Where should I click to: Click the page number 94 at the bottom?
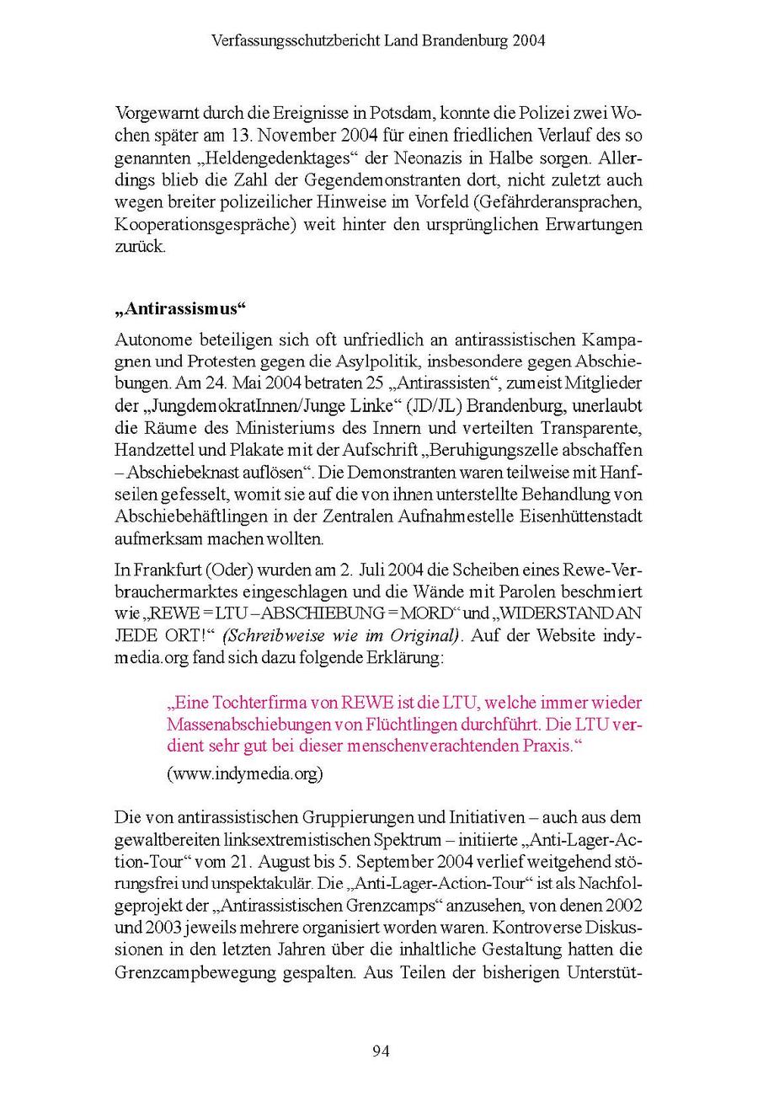380,1051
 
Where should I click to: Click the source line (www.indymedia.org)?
244,773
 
